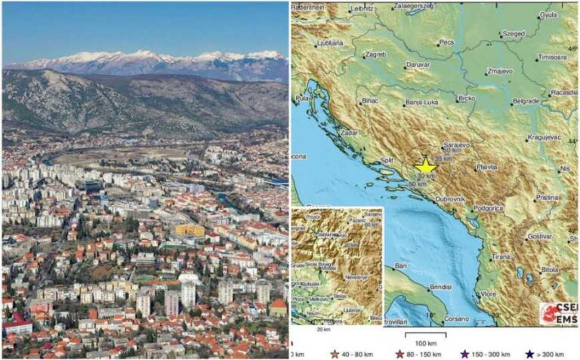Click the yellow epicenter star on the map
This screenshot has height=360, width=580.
coord(425,167)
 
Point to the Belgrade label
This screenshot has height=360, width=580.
coord(526,101)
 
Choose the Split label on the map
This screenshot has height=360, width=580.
coord(388,160)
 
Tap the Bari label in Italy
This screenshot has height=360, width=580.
coord(400,266)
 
